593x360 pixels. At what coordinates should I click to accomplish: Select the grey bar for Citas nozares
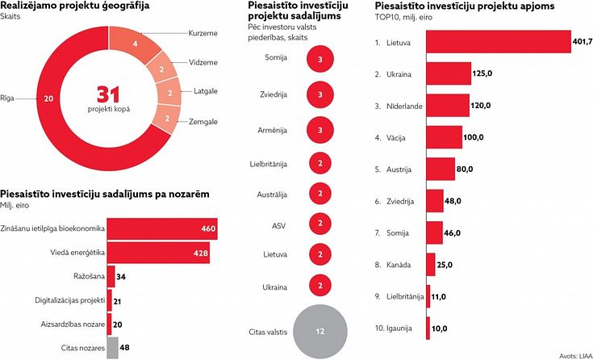(112, 348)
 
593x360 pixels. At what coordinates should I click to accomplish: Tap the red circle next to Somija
(320, 58)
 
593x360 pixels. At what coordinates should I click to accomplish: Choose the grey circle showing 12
(320, 331)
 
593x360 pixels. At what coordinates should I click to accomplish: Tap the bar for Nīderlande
(447, 106)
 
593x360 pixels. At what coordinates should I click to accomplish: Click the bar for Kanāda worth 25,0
(432, 264)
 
